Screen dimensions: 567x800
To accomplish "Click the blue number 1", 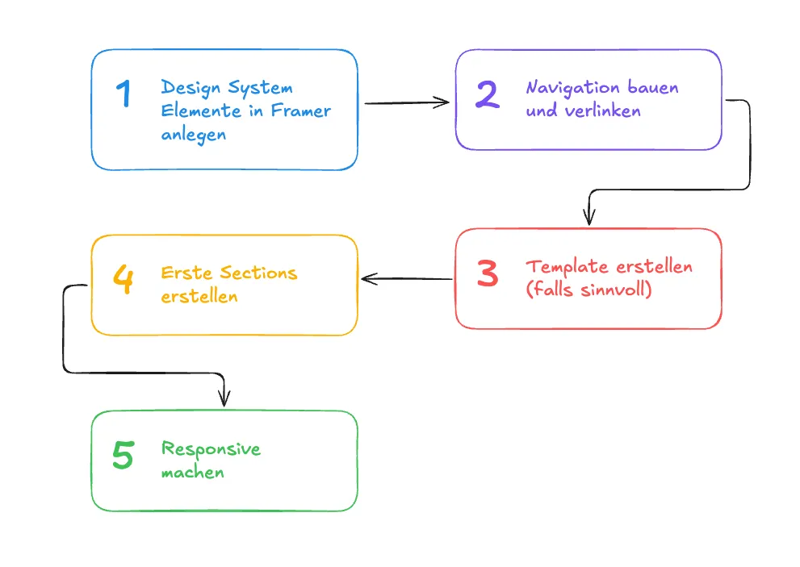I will click(124, 94).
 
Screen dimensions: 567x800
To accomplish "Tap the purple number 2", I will click(487, 95).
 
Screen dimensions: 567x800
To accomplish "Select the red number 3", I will click(488, 274).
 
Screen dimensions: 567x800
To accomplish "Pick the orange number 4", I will click(124, 281).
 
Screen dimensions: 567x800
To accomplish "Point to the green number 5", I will click(123, 456).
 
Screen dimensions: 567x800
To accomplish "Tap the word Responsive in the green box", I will click(211, 448).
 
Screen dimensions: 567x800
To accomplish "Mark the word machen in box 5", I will click(192, 472).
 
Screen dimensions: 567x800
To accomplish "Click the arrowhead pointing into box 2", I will click(443, 102).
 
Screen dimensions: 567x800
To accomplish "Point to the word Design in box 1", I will click(191, 87).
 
